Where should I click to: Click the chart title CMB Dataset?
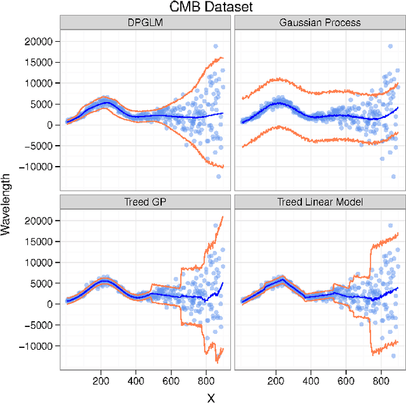(202, 7)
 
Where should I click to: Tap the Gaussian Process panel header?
(319, 23)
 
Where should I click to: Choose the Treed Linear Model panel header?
(319, 202)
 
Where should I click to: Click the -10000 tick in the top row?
(38, 167)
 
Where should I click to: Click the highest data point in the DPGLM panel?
(216, 46)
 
